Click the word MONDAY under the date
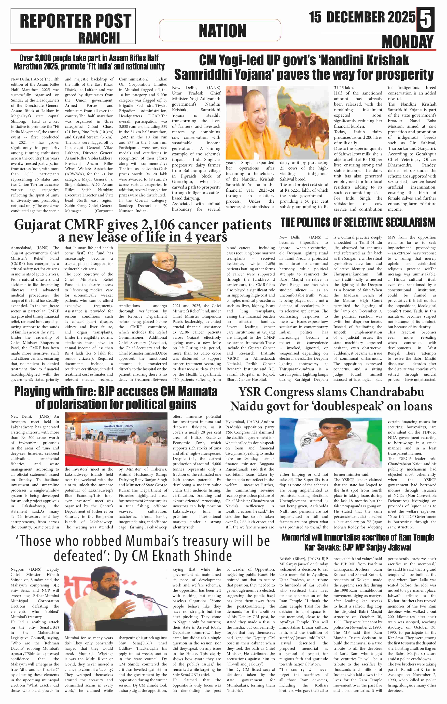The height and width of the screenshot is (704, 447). (407, 42)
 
